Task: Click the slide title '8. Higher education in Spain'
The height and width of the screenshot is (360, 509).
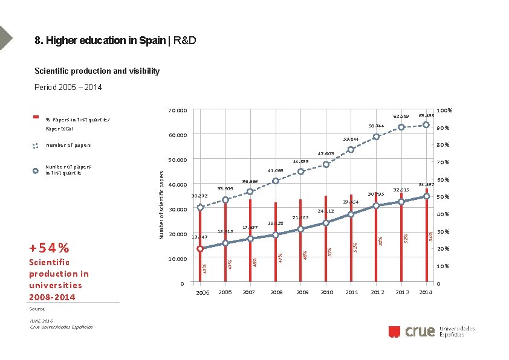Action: click(x=100, y=41)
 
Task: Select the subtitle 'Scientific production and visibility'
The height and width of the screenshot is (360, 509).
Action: click(x=97, y=71)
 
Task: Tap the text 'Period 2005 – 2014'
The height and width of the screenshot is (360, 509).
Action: click(x=68, y=88)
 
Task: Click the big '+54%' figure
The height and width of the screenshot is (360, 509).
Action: click(x=49, y=248)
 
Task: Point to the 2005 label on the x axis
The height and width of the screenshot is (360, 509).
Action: click(x=203, y=292)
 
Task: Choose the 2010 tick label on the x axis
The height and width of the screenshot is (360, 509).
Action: click(x=326, y=292)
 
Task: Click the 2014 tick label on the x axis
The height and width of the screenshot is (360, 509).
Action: click(x=426, y=292)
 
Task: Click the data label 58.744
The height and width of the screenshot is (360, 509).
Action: click(x=377, y=126)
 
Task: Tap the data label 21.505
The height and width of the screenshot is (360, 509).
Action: click(x=300, y=217)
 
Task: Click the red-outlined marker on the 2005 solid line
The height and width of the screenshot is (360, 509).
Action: click(x=200, y=248)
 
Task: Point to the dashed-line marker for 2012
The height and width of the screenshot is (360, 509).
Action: click(x=376, y=137)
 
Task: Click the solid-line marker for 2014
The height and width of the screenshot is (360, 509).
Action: click(x=426, y=196)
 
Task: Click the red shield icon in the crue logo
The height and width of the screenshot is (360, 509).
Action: click(x=394, y=331)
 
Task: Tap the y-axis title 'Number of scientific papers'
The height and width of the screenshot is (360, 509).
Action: click(x=161, y=204)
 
